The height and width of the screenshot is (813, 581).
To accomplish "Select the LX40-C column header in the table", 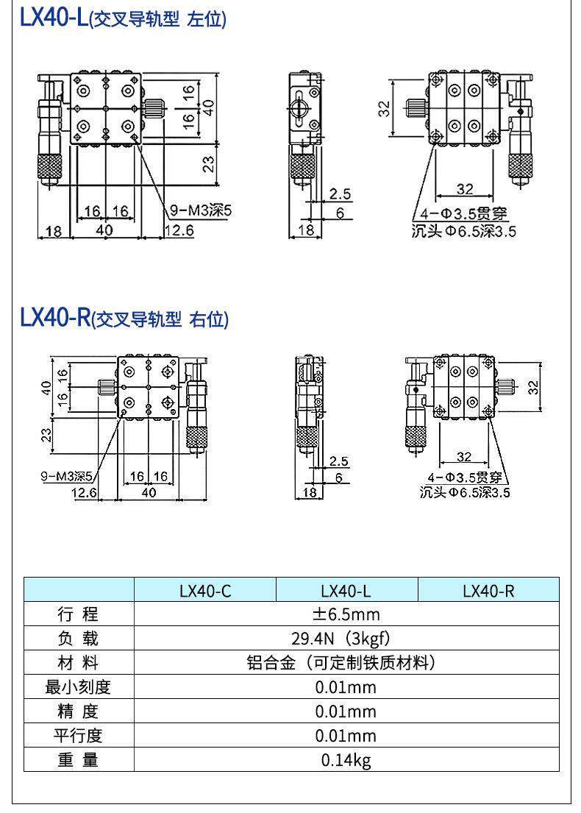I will pos(205,591).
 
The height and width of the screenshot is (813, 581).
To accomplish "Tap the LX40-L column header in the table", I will pos(346,591).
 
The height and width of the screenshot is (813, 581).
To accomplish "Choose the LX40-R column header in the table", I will pos(488,591).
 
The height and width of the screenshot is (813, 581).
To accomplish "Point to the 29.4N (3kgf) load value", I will pos(346,639).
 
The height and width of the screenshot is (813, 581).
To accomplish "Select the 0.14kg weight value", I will pos(346,760).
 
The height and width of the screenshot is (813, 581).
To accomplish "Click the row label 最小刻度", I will pos(78,687).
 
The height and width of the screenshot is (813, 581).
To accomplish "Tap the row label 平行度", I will pos(78,736).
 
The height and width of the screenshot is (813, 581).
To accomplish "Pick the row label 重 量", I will pos(78,760).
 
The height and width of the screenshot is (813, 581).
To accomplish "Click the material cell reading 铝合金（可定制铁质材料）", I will pos(346,663).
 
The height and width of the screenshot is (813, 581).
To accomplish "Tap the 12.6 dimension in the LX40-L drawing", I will pos(178,231).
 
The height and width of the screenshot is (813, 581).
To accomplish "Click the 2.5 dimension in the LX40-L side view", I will pos(340,194).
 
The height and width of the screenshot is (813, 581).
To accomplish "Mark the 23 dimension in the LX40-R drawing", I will pos(46,435).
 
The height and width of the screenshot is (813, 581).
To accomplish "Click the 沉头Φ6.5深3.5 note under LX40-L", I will pos(463,232).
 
